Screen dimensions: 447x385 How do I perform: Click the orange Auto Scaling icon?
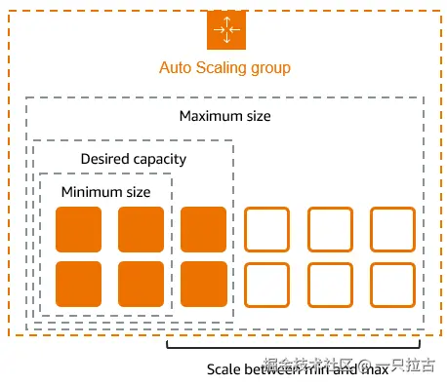[224, 29]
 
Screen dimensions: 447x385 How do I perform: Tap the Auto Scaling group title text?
[224, 68]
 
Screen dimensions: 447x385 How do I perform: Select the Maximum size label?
[224, 116]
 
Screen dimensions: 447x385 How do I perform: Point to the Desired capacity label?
[133, 158]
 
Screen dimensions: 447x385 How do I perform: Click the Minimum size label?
[105, 192]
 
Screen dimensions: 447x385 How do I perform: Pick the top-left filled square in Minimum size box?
[78, 229]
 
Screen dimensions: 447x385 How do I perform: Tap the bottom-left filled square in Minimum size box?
[78, 284]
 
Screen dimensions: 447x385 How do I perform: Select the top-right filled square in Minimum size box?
[141, 229]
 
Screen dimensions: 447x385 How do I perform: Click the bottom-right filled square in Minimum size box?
[141, 284]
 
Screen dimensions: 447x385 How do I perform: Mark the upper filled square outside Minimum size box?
[203, 229]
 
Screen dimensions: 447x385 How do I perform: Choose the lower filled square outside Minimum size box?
[203, 284]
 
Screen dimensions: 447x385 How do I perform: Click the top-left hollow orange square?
[266, 229]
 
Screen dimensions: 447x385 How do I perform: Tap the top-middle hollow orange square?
[330, 229]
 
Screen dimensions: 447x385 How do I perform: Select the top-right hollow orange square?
[392, 229]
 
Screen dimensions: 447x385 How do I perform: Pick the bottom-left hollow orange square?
[266, 284]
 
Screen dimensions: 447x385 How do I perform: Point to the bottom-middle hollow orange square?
[330, 284]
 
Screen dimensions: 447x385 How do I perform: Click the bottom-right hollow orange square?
[392, 284]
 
